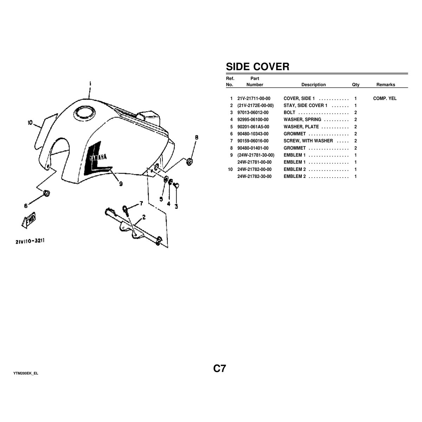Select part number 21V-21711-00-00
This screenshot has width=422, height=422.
click(254, 98)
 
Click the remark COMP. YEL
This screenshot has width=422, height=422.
click(385, 98)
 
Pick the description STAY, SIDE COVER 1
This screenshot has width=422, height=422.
click(306, 105)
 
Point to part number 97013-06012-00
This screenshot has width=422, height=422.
click(253, 113)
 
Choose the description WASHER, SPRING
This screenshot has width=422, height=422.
click(302, 120)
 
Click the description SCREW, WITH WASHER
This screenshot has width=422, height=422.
click(308, 141)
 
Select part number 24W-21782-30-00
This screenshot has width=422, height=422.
click(255, 176)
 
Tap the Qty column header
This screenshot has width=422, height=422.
click(356, 85)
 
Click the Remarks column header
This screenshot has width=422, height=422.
click(385, 85)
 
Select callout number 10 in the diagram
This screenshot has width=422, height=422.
click(30, 123)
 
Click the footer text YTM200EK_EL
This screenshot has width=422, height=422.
click(26, 373)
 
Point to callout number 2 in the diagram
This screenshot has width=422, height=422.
click(143, 218)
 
